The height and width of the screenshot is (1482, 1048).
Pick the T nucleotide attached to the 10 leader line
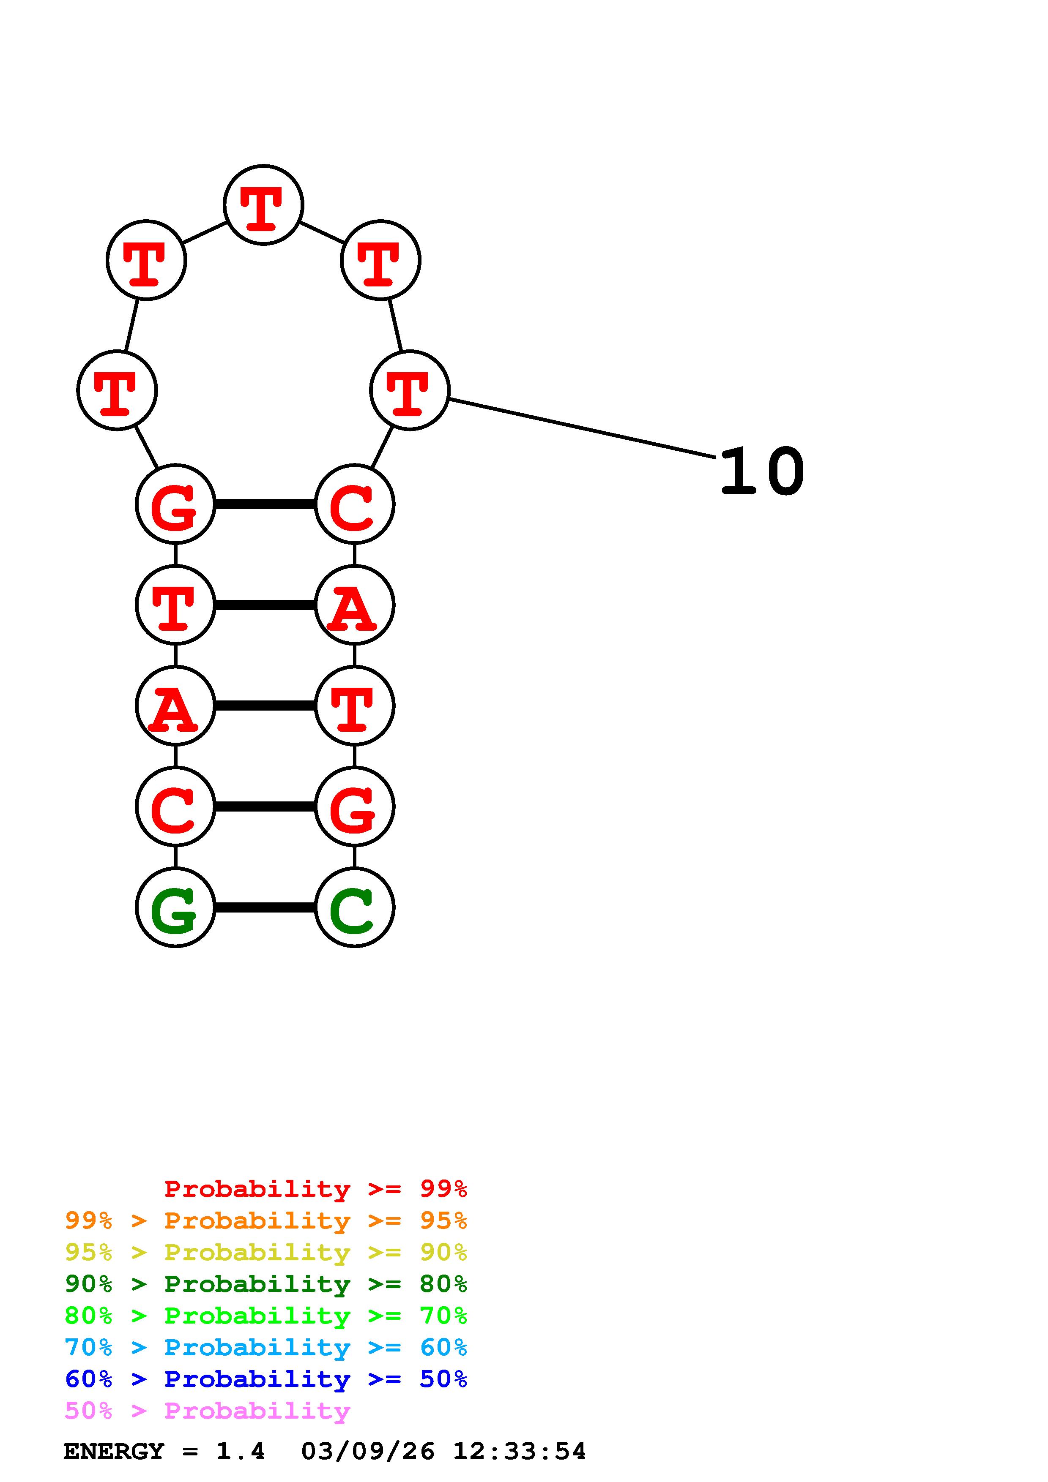[x=409, y=390]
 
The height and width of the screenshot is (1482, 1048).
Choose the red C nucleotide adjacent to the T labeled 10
[x=355, y=504]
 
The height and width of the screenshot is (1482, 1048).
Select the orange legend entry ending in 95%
[x=266, y=1220]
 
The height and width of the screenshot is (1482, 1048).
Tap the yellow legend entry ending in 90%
[x=266, y=1252]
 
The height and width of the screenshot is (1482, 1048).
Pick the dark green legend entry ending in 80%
[x=266, y=1284]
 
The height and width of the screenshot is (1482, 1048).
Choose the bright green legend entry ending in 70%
[x=266, y=1316]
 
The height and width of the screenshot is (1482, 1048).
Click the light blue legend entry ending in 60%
[x=266, y=1347]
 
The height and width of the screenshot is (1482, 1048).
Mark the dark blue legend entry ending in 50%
[x=266, y=1379]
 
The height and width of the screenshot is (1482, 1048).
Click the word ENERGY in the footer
[x=114, y=1452]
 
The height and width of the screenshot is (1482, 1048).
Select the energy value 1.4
[x=240, y=1452]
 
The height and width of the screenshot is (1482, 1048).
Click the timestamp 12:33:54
[x=519, y=1452]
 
